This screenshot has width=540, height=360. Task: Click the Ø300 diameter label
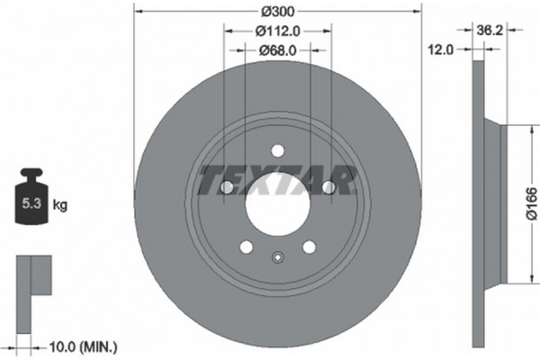[277, 11]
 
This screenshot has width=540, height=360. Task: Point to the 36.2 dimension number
[489, 31]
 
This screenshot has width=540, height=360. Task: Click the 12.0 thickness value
[438, 50]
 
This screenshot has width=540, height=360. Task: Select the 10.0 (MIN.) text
[84, 345]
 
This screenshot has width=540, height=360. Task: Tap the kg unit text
[60, 204]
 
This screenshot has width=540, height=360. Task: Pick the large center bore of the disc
[277, 196]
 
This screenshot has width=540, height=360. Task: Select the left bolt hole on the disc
[227, 187]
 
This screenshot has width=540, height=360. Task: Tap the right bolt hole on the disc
[328, 187]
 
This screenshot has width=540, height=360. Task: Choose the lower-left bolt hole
[247, 246]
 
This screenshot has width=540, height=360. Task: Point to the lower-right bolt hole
[309, 246]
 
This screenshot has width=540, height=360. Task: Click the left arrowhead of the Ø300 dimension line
[137, 12]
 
